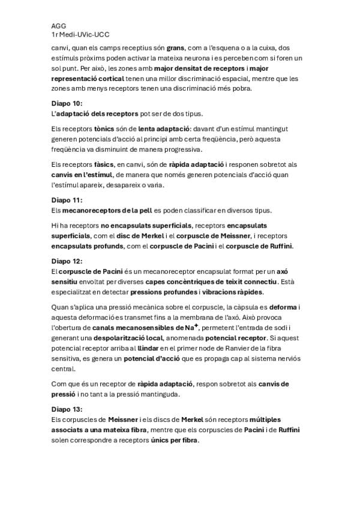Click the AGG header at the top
click(x=58, y=26)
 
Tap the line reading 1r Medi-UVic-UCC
click(x=80, y=36)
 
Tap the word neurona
click(x=182, y=58)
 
